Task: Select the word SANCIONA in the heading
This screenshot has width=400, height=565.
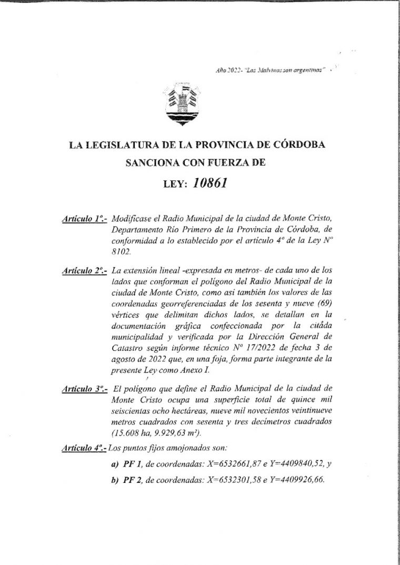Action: pos(150,164)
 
